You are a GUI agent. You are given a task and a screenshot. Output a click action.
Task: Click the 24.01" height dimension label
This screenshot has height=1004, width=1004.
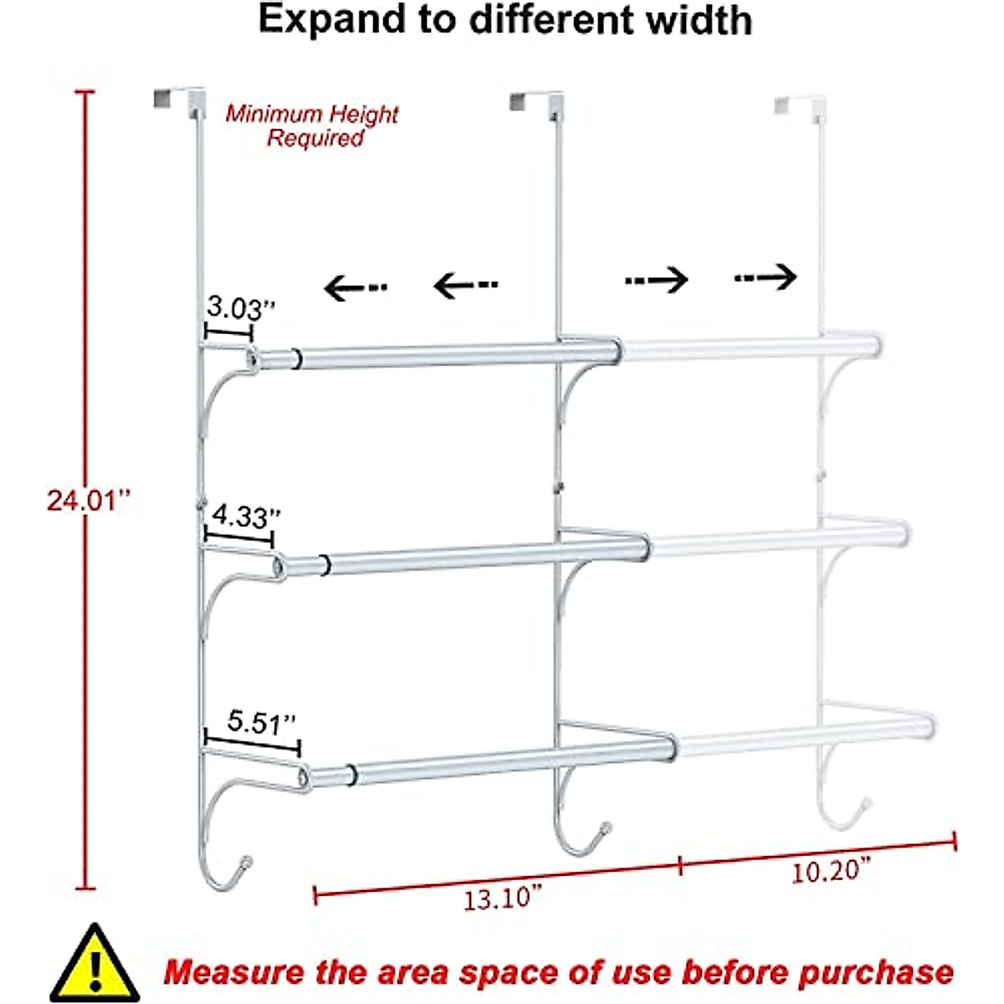[x=89, y=501]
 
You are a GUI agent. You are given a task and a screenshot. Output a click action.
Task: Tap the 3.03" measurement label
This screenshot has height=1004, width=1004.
[x=240, y=309]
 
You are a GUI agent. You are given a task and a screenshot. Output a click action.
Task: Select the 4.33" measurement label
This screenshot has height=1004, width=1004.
[x=244, y=516]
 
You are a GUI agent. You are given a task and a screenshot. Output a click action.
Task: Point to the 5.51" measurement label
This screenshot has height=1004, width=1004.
[x=261, y=722]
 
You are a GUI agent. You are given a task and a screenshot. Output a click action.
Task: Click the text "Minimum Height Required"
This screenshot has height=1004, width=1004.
[x=313, y=125]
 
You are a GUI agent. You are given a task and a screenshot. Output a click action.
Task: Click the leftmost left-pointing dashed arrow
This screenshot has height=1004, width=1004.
[x=355, y=289]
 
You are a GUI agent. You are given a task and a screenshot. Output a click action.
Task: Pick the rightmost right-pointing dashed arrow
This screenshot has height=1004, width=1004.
[x=766, y=276]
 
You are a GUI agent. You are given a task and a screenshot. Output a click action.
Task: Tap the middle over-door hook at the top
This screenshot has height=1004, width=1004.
[x=535, y=102]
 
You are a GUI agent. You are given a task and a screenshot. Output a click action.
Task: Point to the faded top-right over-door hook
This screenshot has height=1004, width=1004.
[x=799, y=105]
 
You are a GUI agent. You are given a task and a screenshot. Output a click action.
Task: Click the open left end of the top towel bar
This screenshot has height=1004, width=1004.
[x=251, y=359]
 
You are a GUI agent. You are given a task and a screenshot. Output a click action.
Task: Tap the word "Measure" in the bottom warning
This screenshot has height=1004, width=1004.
[x=234, y=973]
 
